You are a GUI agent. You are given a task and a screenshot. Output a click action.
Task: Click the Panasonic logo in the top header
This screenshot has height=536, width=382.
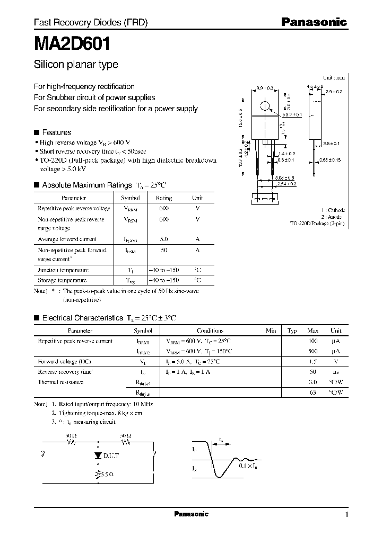coord(314,22)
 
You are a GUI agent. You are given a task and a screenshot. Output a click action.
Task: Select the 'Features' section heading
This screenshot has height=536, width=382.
coord(56,132)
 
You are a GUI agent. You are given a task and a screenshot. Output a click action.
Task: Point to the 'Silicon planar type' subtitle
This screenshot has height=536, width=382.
coord(76,65)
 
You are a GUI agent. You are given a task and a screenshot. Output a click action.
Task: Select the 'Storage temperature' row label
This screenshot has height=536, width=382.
coord(62,280)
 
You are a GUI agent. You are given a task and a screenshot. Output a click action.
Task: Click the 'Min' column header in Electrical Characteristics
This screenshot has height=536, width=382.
coord(271,330)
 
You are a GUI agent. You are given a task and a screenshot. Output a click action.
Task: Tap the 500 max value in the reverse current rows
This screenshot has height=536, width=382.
coord(312,351)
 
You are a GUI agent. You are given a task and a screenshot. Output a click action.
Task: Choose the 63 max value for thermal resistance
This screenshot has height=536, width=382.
coord(312,392)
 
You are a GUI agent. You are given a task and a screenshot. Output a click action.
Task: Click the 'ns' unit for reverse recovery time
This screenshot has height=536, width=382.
coord(336,372)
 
